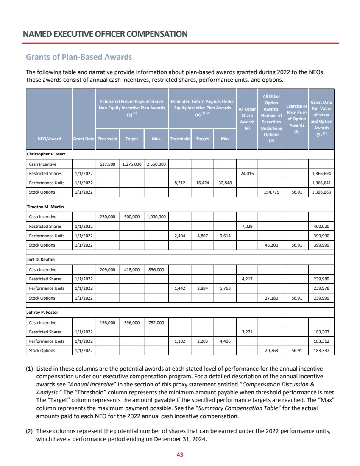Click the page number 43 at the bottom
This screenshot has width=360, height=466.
point(179,455)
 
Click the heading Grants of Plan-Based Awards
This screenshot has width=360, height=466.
point(79,57)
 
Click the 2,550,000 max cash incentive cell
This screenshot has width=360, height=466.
point(156,164)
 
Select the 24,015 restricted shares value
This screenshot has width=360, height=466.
point(247,173)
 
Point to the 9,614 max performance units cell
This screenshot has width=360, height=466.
point(225,236)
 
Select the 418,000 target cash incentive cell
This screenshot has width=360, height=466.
point(131,269)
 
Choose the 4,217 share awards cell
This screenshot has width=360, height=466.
point(247,279)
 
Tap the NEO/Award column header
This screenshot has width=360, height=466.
point(49,138)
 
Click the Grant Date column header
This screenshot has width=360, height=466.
point(84,138)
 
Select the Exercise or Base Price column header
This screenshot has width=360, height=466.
point(297,119)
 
